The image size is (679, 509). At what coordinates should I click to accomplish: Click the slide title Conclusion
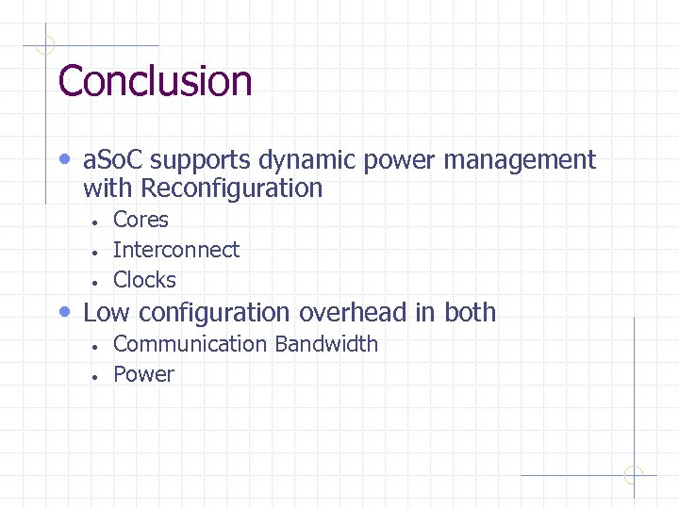click(155, 81)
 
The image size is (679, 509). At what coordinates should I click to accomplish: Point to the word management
click(520, 161)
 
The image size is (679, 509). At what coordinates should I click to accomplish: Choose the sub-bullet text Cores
click(141, 220)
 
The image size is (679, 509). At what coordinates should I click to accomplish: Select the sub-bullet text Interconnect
click(176, 250)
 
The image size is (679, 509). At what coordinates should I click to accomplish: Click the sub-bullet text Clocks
click(144, 280)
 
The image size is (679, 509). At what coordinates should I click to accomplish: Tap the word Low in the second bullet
click(106, 312)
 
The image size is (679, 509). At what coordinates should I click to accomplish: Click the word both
click(470, 312)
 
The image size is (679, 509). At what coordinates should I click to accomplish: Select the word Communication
click(190, 344)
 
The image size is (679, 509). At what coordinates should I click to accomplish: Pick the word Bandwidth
click(326, 344)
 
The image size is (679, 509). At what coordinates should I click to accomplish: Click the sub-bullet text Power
click(143, 374)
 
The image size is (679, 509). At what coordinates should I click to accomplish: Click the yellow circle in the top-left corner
click(45, 44)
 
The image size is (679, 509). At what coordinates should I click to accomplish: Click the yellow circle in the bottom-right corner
click(633, 475)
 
